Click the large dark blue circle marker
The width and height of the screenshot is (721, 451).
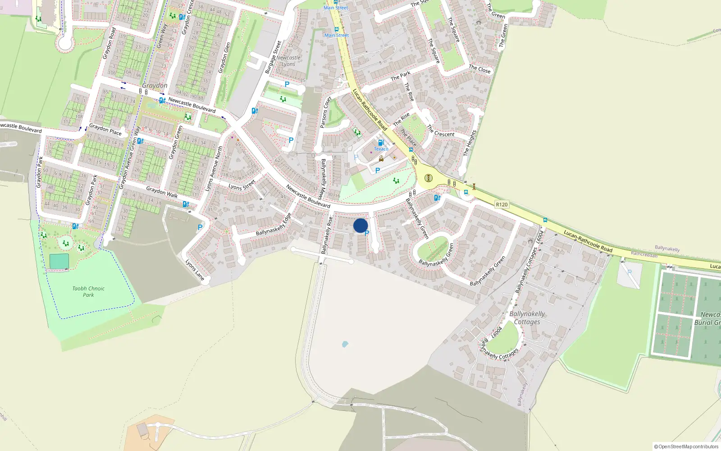pyautogui.click(x=360, y=225)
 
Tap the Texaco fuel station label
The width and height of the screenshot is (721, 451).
pyautogui.click(x=381, y=149)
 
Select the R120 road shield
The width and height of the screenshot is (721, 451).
pyautogui.click(x=502, y=204)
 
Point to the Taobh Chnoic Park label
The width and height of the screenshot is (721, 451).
pyautogui.click(x=88, y=291)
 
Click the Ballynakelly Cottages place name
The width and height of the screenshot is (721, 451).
pyautogui.click(x=527, y=318)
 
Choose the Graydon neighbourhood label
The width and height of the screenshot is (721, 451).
pyautogui.click(x=155, y=86)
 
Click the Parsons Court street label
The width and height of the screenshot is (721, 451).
pyautogui.click(x=325, y=112)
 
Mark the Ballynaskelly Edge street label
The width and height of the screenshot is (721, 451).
pyautogui.click(x=274, y=225)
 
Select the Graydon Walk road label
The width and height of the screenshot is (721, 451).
pyautogui.click(x=162, y=192)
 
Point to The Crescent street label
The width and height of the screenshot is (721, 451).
pyautogui.click(x=441, y=131)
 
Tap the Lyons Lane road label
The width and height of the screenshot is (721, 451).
pyautogui.click(x=195, y=270)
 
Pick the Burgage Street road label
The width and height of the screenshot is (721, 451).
pyautogui.click(x=273, y=57)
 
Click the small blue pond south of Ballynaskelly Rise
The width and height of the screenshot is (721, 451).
pyautogui.click(x=345, y=344)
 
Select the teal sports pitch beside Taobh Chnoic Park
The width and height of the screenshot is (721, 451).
pyautogui.click(x=59, y=261)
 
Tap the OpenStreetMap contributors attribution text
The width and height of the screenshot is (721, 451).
pyautogui.click(x=686, y=446)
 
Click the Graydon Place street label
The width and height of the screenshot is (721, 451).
pyautogui.click(x=105, y=129)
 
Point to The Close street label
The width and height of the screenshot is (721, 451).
pyautogui.click(x=479, y=69)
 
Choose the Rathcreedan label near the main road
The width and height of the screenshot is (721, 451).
pyautogui.click(x=644, y=254)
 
